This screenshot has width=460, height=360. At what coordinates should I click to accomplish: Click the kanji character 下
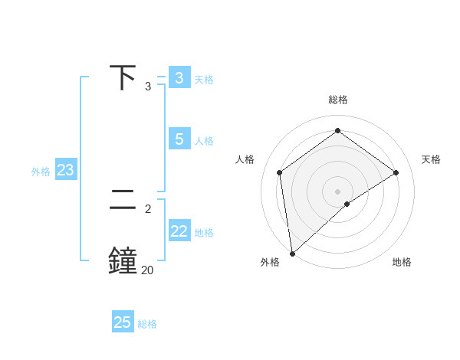coord(123,78)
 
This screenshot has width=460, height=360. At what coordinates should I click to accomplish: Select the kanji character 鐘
coord(123,260)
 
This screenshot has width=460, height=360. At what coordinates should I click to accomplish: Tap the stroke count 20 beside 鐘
coord(147,270)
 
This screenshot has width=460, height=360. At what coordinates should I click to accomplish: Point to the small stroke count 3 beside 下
coord(148,87)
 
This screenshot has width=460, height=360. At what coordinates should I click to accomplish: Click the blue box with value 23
coord(66,170)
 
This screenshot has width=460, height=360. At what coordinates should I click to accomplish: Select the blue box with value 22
coord(179,231)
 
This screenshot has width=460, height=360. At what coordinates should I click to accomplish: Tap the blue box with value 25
coord(123,322)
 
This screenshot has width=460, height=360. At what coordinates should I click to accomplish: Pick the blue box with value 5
coord(179,139)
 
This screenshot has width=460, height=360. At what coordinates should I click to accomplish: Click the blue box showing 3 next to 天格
coord(179,78)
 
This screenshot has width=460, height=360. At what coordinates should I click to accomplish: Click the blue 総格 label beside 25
coord(147,324)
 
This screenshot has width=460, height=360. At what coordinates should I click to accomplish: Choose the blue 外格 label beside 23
coord(41,172)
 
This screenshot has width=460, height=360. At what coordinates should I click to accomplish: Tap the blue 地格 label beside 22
coord(204,233)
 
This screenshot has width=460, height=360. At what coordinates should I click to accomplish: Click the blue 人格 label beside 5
coord(204,141)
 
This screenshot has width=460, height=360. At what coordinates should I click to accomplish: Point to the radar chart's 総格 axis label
coord(338,100)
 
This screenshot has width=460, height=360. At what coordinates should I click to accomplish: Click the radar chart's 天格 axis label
coord(431,159)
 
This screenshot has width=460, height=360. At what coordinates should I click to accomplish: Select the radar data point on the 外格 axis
coord(292,253)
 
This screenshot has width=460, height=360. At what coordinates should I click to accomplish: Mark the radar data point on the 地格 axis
coord(347,204)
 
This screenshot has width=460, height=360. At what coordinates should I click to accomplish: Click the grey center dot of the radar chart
coord(338,191)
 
